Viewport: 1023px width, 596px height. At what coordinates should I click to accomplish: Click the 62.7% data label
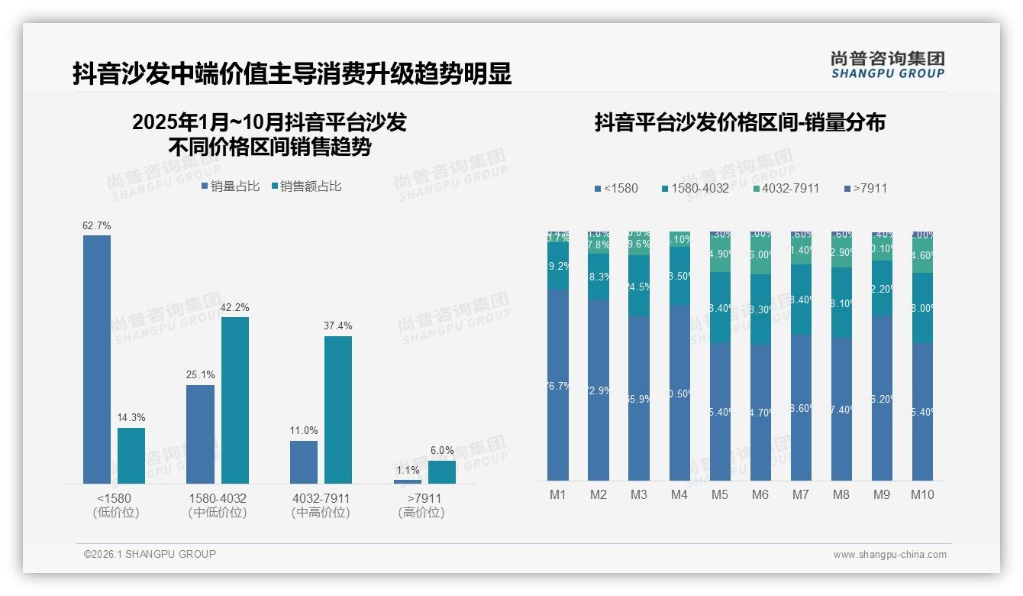click(97, 225)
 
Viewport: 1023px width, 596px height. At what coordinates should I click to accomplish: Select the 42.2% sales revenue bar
click(235, 400)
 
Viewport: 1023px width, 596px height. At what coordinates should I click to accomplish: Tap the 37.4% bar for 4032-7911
click(338, 410)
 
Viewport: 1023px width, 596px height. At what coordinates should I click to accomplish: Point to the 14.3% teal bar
click(131, 455)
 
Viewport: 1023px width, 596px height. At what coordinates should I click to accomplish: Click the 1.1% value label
click(408, 471)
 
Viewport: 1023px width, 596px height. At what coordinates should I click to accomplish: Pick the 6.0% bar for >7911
click(442, 472)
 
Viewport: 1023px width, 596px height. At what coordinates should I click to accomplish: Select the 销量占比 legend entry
click(231, 186)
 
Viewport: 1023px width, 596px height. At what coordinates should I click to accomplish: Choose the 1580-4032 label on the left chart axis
click(218, 499)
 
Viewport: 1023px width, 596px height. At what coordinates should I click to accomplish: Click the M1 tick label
click(558, 495)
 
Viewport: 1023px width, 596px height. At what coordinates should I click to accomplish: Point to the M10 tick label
click(922, 495)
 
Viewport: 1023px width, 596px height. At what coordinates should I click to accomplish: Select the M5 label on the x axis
click(720, 495)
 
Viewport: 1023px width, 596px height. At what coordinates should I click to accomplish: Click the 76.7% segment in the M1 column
click(558, 385)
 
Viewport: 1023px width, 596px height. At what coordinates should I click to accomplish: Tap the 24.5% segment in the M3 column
click(639, 286)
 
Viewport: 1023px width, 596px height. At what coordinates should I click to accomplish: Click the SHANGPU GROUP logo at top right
click(888, 65)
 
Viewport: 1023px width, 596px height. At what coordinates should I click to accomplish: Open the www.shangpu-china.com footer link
click(889, 555)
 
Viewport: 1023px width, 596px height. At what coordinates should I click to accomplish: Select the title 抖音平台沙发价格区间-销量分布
click(740, 123)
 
